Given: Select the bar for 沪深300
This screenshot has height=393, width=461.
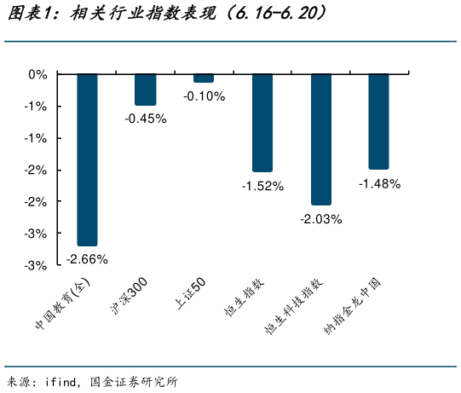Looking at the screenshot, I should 146,90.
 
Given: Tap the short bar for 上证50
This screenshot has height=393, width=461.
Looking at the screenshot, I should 204,78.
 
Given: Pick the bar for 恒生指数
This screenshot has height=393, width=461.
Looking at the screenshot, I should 262,123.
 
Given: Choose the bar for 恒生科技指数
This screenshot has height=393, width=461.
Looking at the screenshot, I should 320,140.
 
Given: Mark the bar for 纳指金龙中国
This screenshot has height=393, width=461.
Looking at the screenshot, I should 379,121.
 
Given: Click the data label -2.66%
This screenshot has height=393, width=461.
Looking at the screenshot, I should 87,258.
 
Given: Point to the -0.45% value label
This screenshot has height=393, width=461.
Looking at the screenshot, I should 146,118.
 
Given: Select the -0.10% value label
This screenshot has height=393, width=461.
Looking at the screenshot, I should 204,95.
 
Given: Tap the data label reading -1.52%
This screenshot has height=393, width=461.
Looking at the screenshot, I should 262,186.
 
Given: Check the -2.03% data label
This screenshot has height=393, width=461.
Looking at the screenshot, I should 320,219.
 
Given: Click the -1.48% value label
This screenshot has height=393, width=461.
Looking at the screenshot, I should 379,182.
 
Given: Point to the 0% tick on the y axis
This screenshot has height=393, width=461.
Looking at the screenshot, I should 37,74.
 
